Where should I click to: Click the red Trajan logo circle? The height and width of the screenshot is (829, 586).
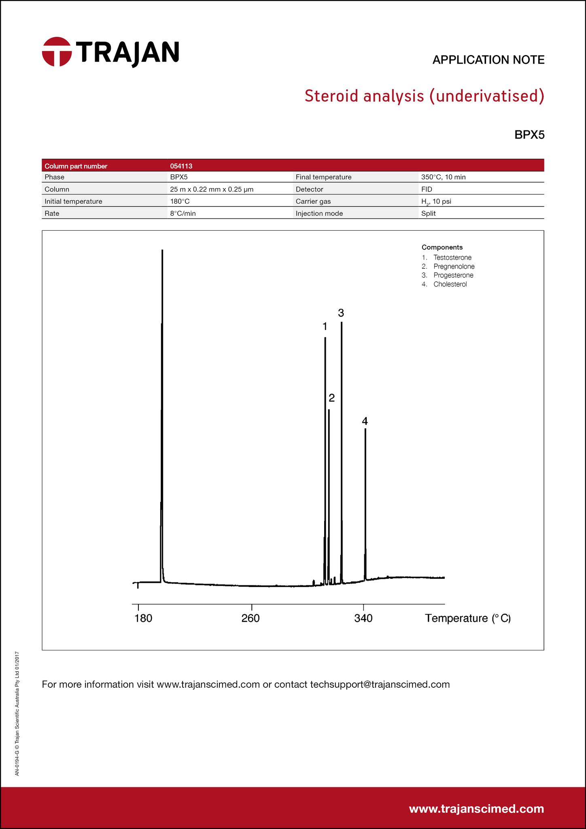pos(57,52)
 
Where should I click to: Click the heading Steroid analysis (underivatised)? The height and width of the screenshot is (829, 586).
pos(424,96)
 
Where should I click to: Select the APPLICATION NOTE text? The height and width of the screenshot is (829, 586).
pos(488,60)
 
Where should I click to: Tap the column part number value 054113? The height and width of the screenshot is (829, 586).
pos(181,166)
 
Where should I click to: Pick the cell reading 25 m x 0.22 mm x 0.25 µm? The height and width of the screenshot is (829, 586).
pos(212,189)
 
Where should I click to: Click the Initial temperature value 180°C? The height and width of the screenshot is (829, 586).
pos(180,201)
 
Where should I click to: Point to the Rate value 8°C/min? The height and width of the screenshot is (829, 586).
pos(183,213)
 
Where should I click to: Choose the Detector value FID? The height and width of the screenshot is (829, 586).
pos(427,189)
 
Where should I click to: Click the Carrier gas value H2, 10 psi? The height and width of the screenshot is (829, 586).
pos(436,202)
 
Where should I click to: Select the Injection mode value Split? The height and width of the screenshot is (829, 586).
pos(428,213)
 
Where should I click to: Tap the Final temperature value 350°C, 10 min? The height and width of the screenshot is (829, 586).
pos(443,177)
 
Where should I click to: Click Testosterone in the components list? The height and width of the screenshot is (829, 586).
pos(452,257)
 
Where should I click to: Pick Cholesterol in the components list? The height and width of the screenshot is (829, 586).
pos(450,284)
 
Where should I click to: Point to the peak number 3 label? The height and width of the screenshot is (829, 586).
pos(341,313)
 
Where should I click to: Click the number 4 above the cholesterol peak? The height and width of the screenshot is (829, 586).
pos(365,421)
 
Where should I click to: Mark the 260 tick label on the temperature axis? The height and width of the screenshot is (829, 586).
pos(251,619)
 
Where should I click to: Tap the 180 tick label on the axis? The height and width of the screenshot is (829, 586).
pos(143,619)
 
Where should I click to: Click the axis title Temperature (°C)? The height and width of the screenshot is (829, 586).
pos(468,618)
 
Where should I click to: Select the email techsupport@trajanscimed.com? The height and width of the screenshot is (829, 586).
pos(380,684)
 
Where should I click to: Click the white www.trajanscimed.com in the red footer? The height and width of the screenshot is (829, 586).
pos(476,809)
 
